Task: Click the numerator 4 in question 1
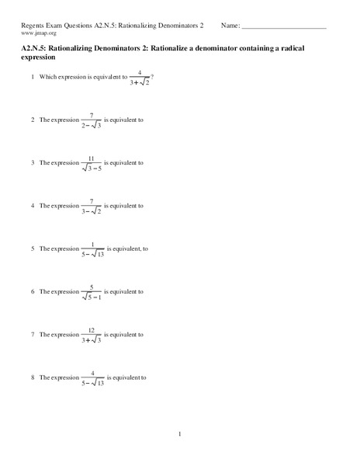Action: tap(140, 72)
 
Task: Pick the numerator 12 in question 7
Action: tap(92, 329)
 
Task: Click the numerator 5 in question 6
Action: tap(92, 287)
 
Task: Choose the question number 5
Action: tap(33, 249)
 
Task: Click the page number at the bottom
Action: tap(180, 434)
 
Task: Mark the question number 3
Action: tap(33, 163)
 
